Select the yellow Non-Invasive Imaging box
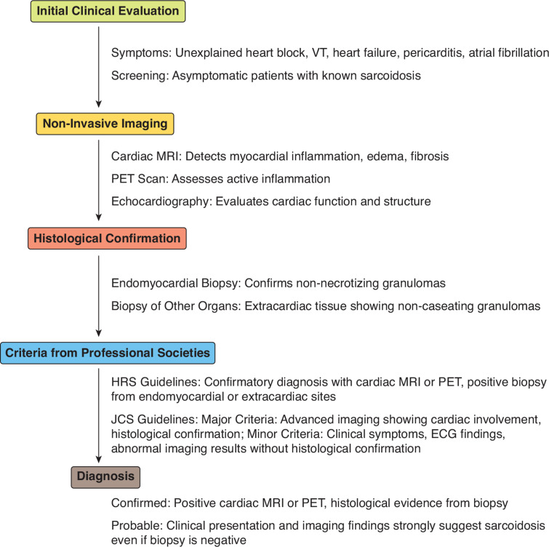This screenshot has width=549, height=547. point(105,124)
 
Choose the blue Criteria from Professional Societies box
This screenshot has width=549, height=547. point(108,354)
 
